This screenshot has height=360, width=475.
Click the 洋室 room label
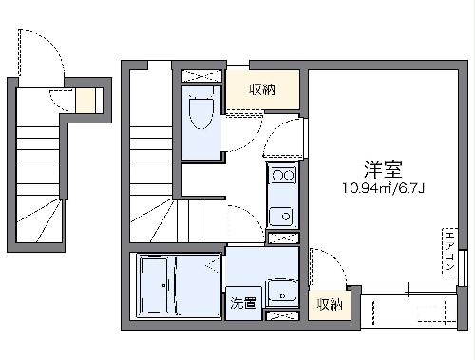tap(383, 169)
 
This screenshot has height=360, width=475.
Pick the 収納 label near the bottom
tap(329, 304)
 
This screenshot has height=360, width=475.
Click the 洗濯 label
tap(242, 303)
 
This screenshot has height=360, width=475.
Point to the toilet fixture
tap(201, 115)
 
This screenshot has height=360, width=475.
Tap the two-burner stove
tap(282, 175)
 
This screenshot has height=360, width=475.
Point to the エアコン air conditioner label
tap(448, 252)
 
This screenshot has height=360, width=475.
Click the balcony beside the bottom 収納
tap(408, 309)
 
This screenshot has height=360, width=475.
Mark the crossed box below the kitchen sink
tap(282, 239)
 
